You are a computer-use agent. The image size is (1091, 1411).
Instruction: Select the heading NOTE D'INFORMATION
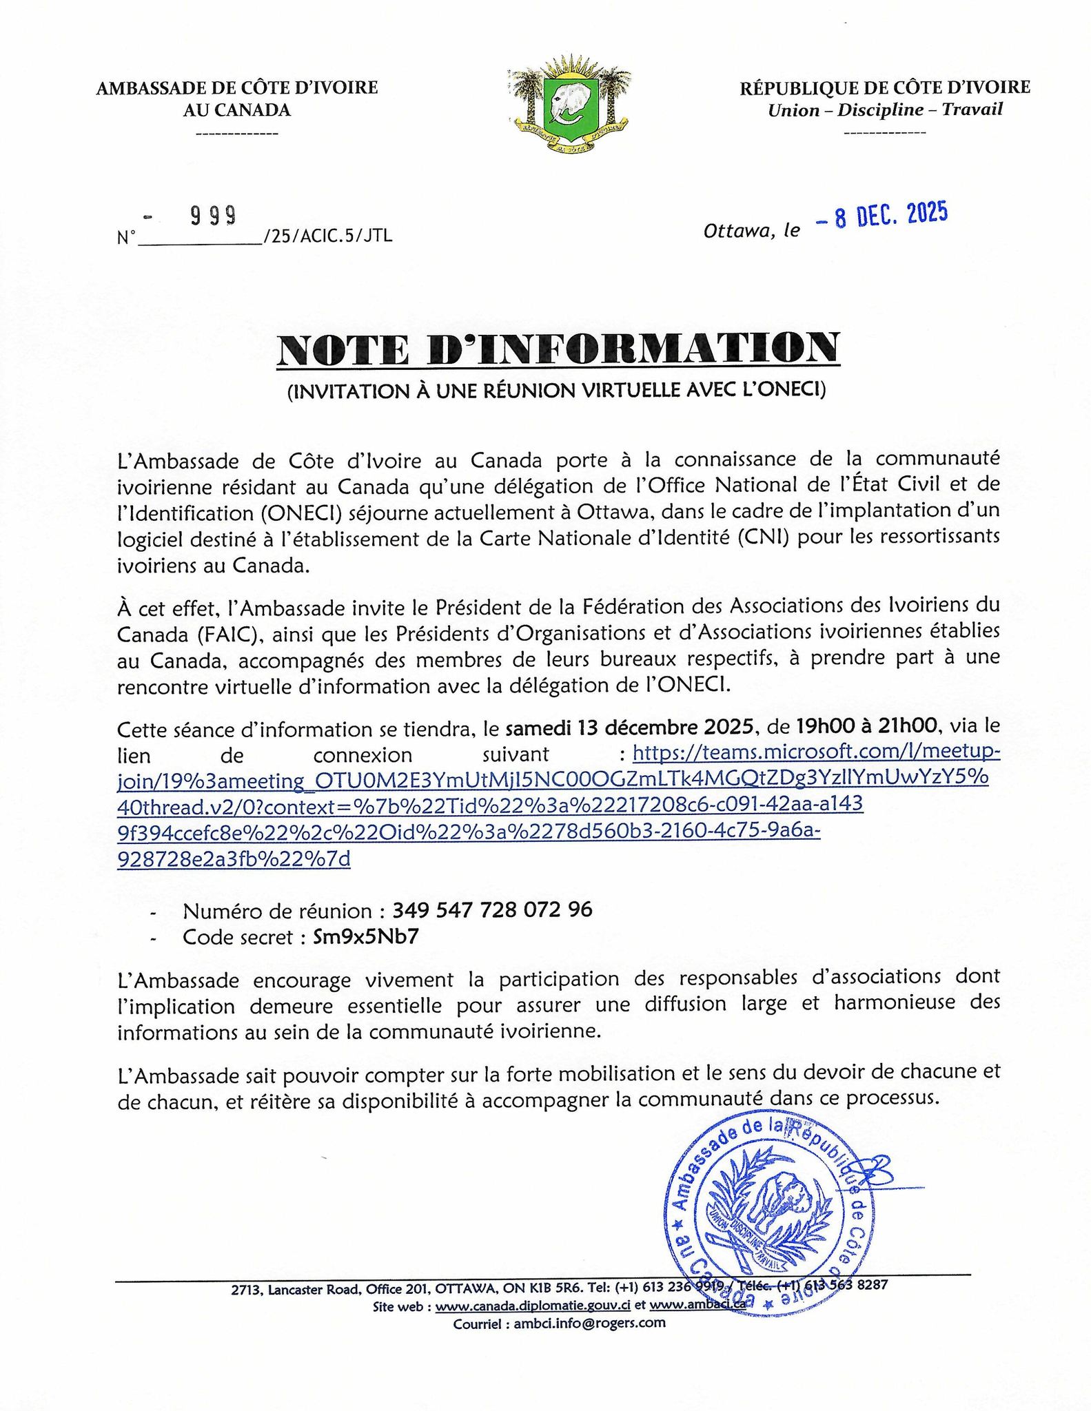[x=558, y=349]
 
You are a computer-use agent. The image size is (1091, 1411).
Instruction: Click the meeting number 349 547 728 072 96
[x=492, y=910]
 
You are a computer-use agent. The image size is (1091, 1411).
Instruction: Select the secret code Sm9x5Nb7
[x=366, y=937]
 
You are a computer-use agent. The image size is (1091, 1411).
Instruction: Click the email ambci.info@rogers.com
[x=589, y=1323]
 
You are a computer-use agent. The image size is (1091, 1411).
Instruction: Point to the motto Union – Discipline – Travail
[x=885, y=110]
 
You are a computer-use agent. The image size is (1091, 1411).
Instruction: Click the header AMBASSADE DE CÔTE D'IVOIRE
[x=237, y=87]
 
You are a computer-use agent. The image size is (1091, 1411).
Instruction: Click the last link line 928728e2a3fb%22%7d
[x=234, y=860]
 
